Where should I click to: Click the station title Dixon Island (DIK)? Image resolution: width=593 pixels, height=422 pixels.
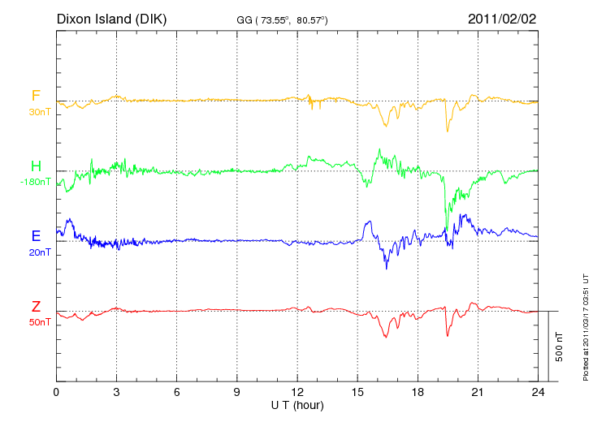click(111, 18)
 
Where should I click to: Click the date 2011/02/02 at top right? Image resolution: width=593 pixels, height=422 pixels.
click(502, 18)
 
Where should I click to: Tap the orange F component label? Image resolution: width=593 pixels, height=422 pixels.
click(36, 96)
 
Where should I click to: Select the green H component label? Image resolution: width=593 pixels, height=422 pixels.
click(36, 166)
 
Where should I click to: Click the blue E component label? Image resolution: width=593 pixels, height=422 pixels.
click(36, 236)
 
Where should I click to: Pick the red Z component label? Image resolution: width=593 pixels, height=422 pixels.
click(36, 306)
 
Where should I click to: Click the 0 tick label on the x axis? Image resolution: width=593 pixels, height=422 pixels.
click(56, 392)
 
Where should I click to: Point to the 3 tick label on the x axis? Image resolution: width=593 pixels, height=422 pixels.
click(116, 392)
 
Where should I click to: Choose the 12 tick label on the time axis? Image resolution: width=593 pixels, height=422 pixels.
click(297, 392)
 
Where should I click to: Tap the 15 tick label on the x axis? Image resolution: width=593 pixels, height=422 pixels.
click(357, 392)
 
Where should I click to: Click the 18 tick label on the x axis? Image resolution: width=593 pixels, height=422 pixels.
click(418, 392)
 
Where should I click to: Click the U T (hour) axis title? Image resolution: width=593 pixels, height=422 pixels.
click(297, 404)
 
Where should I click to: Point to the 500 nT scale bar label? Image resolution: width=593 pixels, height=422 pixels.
click(560, 347)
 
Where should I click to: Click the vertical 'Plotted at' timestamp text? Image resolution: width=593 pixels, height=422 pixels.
click(586, 325)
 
